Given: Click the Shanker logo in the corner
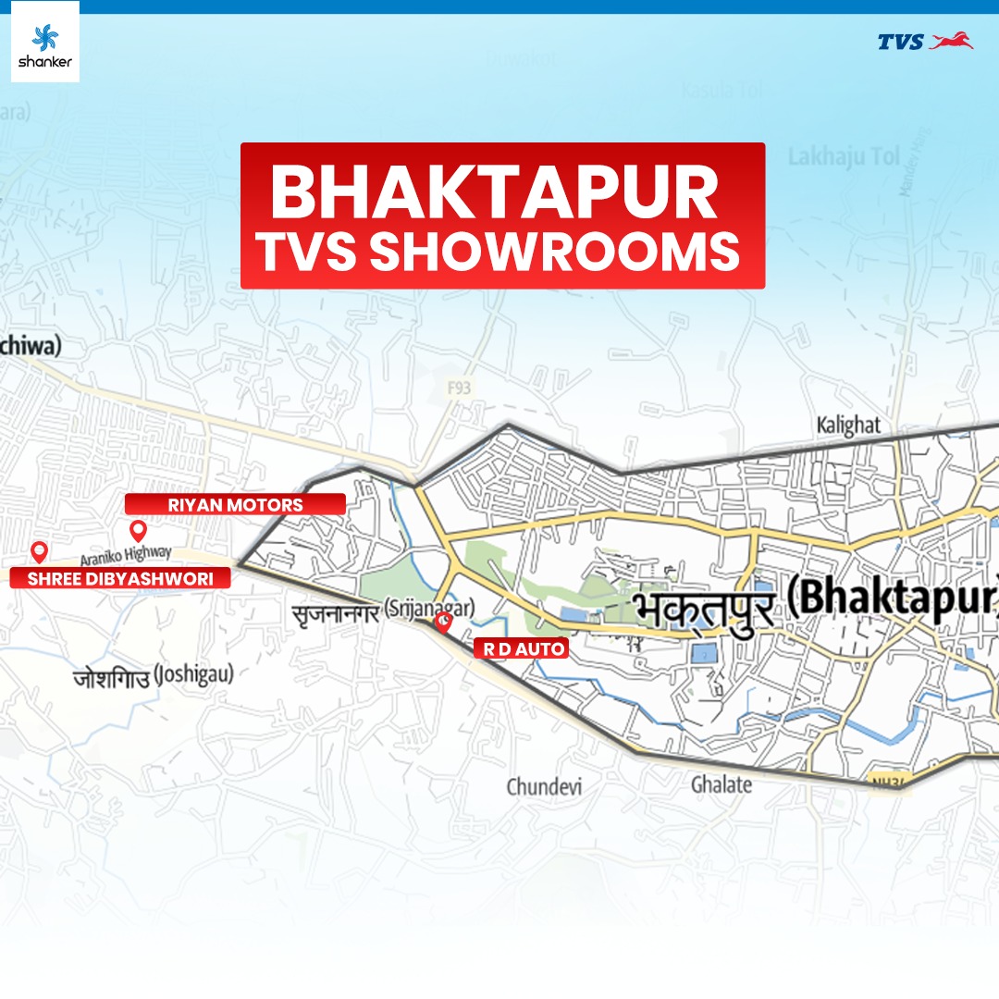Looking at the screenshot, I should pos(44,42).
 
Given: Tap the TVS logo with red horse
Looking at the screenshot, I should pos(925,42).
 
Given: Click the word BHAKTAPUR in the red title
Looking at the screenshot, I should pos(494,193).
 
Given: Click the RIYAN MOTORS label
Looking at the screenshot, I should pos(235,504).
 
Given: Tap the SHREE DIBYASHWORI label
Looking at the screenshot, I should pos(118,579).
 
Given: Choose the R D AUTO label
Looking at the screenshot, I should pos(521,648).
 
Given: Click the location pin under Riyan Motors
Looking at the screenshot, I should pos(138,530).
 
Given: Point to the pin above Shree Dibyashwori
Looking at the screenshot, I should pos(39,552).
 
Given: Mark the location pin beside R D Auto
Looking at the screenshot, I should pos(444,623).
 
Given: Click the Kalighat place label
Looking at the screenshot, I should pos(848,426).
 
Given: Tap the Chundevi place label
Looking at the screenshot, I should pos(543,787).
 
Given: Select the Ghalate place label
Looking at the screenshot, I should pos(721,784).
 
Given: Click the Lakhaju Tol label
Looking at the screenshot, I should pos(844,157).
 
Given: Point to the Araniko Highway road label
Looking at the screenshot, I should pos(126,555).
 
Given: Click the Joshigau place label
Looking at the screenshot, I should pos(153,676).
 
